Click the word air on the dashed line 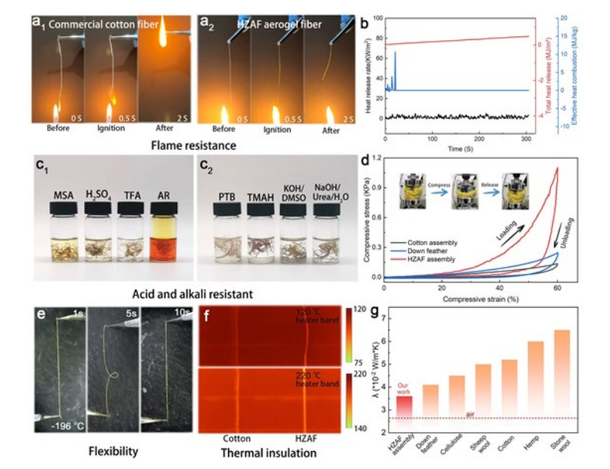470,415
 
